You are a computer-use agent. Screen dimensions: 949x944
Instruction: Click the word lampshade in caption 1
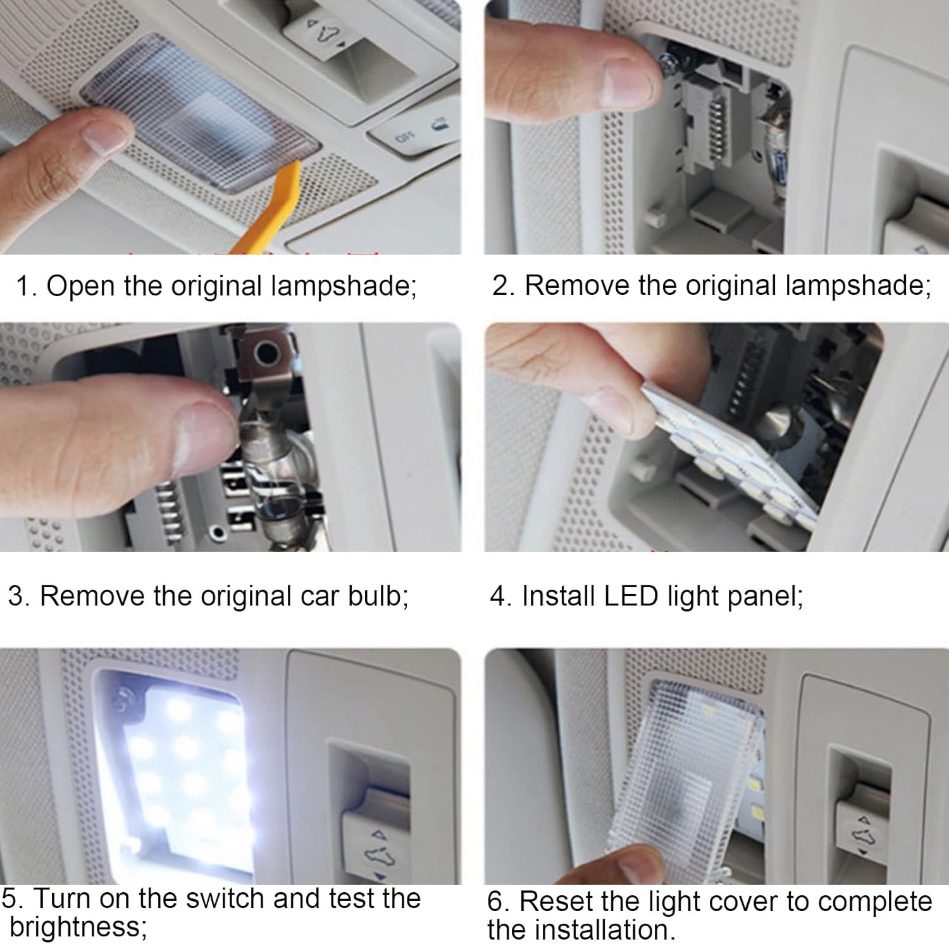[x=344, y=286]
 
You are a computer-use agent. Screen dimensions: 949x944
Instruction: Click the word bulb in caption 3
[x=378, y=596]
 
